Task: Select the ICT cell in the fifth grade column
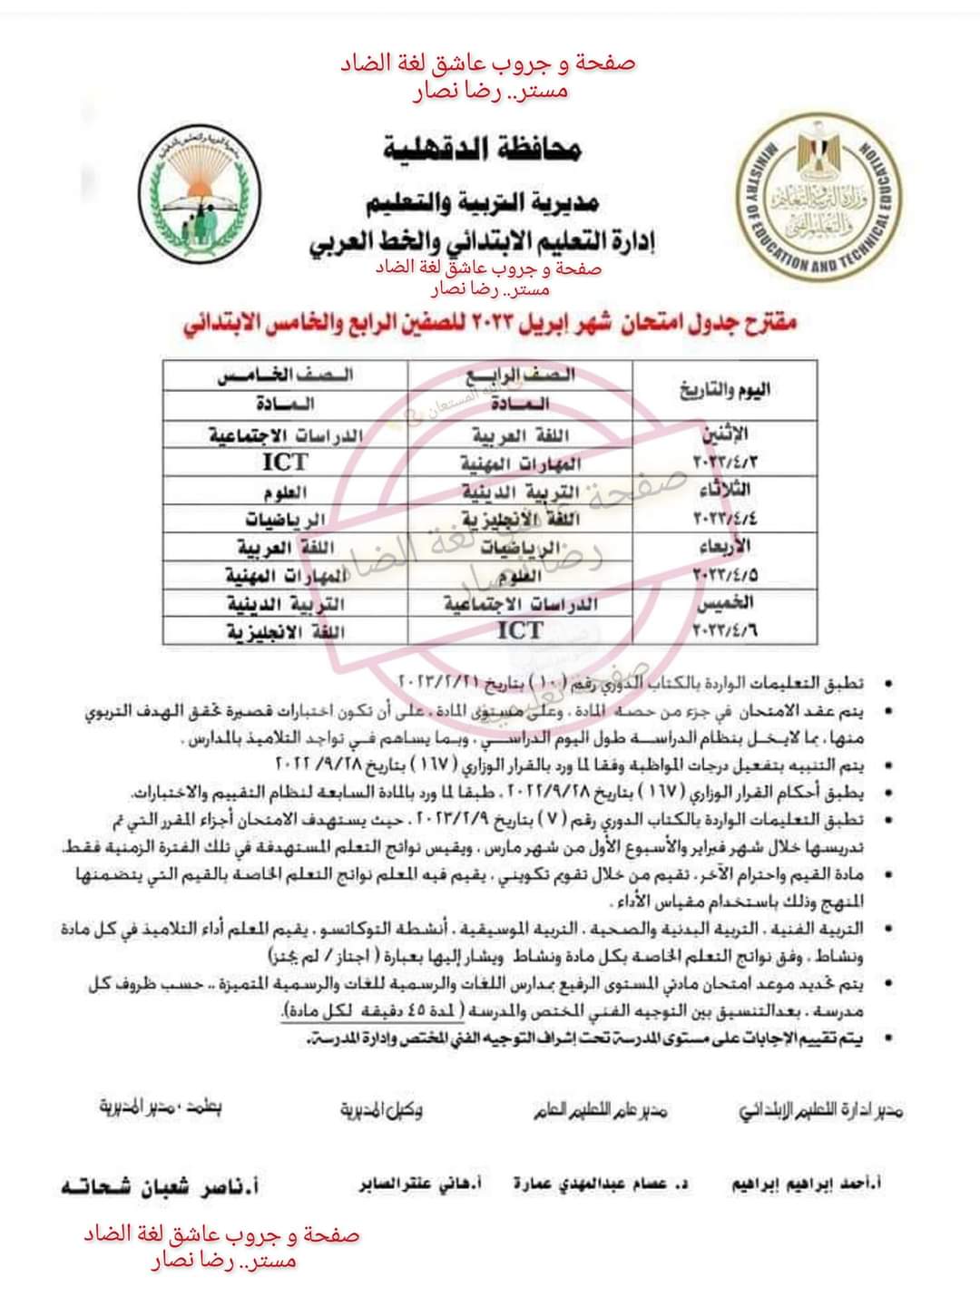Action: tap(285, 463)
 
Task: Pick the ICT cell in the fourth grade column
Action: tap(520, 630)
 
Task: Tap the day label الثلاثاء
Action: tap(723, 491)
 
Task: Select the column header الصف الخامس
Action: tap(285, 375)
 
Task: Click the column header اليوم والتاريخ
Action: tap(724, 390)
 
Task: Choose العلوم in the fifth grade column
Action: tap(285, 492)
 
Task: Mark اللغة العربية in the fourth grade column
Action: tap(520, 435)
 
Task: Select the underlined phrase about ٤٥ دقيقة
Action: tap(373, 1011)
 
